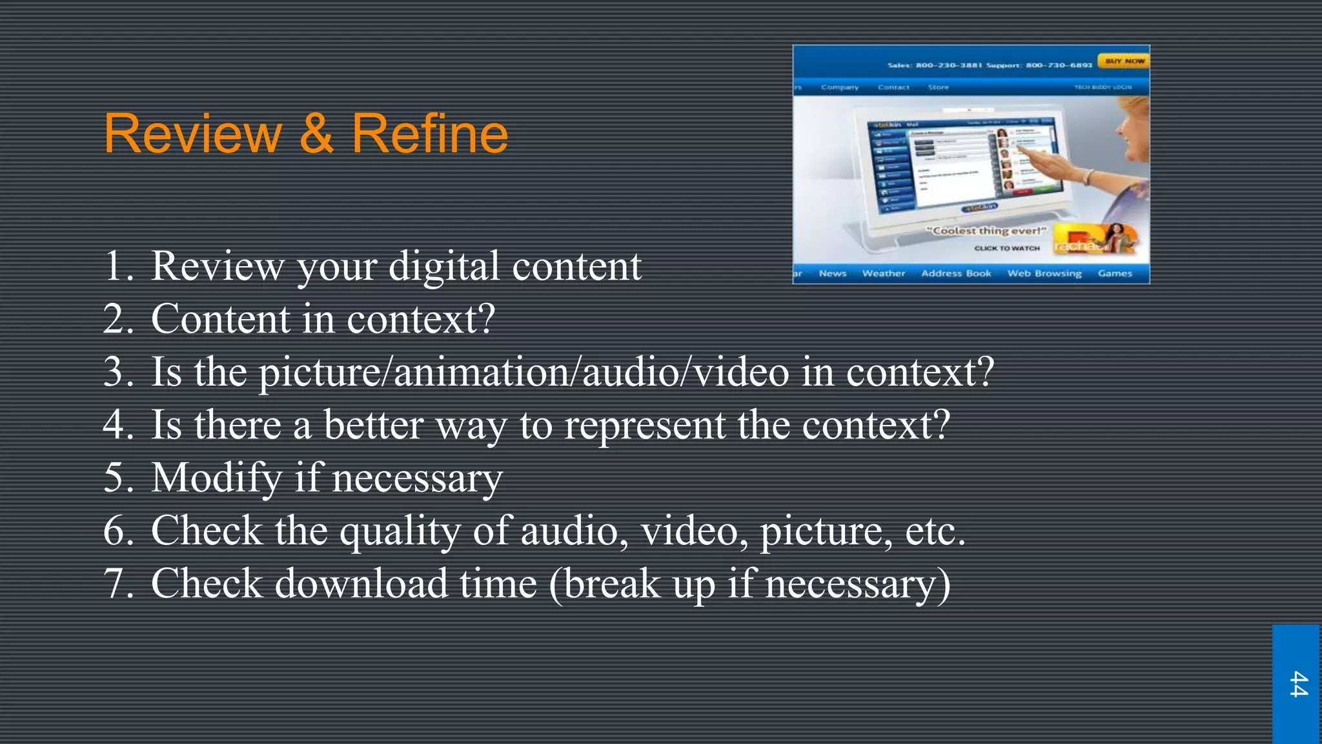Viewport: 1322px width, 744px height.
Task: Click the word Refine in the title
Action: tap(429, 134)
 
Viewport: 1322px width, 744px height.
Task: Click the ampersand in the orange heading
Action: tap(316, 134)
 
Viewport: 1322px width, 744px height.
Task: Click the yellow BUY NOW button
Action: tap(1124, 61)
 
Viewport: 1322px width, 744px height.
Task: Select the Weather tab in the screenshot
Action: tap(883, 273)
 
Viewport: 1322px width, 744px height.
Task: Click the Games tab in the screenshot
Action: tap(1115, 273)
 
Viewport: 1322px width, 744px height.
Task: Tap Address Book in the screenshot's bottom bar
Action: tap(956, 273)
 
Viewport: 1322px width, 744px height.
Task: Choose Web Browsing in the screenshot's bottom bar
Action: tap(1044, 273)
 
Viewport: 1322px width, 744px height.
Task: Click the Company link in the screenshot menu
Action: tap(839, 87)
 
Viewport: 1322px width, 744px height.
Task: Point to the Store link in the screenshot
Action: tap(938, 87)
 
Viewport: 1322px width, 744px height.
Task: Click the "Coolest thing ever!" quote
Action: tap(986, 231)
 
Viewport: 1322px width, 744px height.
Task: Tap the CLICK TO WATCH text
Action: tap(1006, 248)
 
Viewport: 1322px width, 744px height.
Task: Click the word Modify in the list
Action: tap(216, 478)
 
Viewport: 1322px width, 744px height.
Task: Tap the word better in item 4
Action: tap(373, 425)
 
